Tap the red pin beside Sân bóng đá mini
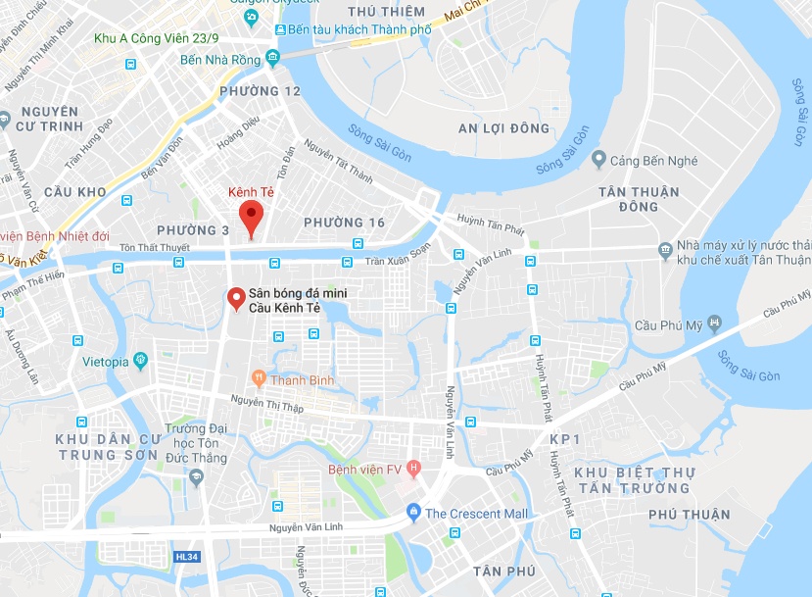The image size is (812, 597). coord(235,298)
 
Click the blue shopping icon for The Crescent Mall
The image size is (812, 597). coord(413,513)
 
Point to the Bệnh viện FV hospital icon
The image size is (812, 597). coord(414,468)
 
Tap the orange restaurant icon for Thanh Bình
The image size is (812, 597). coord(259,376)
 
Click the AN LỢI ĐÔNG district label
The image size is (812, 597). coord(504,127)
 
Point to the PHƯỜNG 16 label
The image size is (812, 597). coord(344,223)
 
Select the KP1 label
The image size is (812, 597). coord(565,438)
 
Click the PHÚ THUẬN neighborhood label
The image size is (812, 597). coord(689,514)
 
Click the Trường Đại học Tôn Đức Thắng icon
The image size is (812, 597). coord(196,476)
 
